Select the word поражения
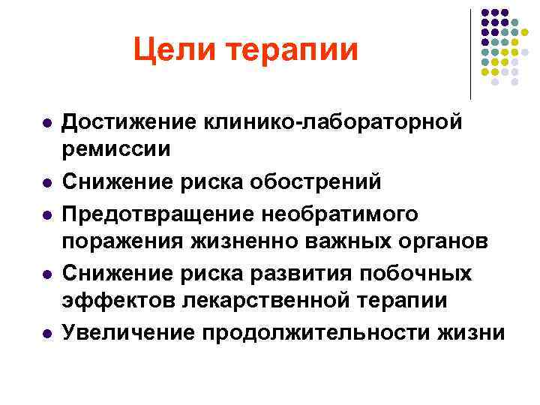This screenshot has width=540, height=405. [x=120, y=243]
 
